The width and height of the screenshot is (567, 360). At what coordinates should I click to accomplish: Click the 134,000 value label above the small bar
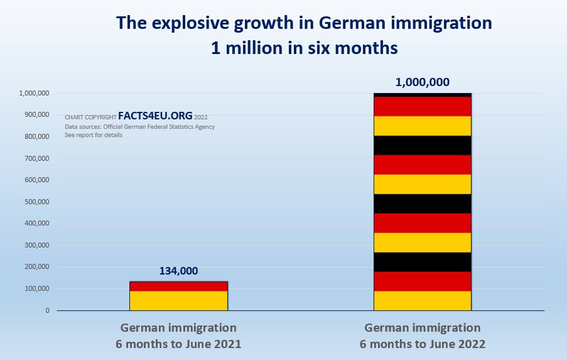coord(178,271)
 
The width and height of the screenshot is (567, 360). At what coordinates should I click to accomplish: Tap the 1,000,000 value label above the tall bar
coord(423,82)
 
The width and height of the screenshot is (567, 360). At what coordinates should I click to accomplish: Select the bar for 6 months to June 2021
coord(178,296)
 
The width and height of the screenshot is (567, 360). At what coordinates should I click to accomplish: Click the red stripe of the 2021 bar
coord(178,286)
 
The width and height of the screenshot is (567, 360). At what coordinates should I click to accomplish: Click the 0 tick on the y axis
coord(46,310)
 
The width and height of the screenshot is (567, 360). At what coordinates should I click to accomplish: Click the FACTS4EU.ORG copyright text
coord(154,116)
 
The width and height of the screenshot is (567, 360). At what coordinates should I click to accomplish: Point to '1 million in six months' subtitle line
coord(304,47)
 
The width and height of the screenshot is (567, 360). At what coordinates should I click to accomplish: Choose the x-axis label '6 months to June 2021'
coord(178,344)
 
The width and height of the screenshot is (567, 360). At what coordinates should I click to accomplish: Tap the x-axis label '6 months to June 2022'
coord(423,344)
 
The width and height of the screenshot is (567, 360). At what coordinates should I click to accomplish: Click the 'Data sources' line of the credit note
coord(139,126)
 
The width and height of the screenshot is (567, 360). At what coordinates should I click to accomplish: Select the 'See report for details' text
coord(94,135)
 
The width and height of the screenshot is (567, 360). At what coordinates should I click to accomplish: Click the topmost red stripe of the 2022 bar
coord(423,106)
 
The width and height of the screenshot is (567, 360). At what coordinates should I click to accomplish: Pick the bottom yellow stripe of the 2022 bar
coord(423,300)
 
